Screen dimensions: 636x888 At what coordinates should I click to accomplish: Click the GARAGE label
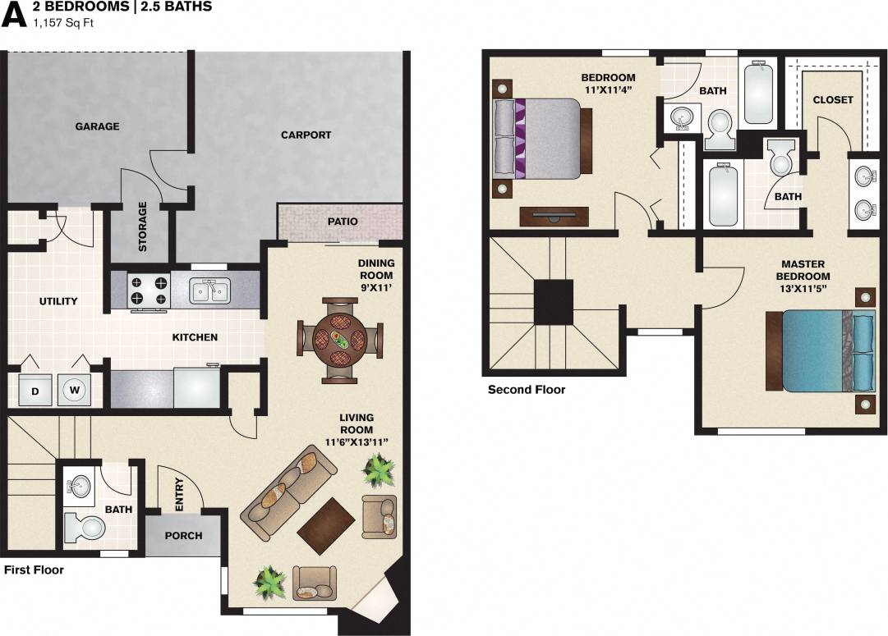point(97,126)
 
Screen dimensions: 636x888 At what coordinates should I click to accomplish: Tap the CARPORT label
point(306,135)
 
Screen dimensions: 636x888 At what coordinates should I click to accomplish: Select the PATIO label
point(342,222)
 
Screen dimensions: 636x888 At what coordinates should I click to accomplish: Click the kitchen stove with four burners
point(149,291)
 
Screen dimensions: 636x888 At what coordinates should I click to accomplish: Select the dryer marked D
point(35,390)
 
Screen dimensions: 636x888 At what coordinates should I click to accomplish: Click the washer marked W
point(75,390)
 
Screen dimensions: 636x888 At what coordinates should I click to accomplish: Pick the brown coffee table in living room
point(326,526)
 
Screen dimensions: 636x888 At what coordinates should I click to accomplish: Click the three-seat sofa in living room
point(288,492)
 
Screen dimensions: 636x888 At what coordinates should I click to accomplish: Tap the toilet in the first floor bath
point(81,526)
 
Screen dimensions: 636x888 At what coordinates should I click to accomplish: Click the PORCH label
point(183,536)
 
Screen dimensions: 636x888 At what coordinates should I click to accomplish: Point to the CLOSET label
point(833,100)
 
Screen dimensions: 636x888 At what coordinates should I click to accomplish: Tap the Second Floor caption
point(527,390)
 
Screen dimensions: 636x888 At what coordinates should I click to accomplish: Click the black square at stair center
point(553,302)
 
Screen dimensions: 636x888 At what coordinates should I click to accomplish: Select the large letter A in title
point(14,14)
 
